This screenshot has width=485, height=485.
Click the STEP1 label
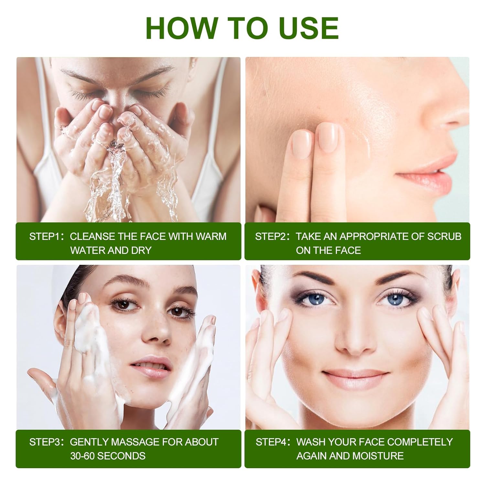[45, 236]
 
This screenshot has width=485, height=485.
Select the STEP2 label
[271, 236]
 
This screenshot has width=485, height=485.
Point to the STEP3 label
[45, 442]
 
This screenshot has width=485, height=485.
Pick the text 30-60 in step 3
[82, 456]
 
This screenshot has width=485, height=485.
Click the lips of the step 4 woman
[355, 377]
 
